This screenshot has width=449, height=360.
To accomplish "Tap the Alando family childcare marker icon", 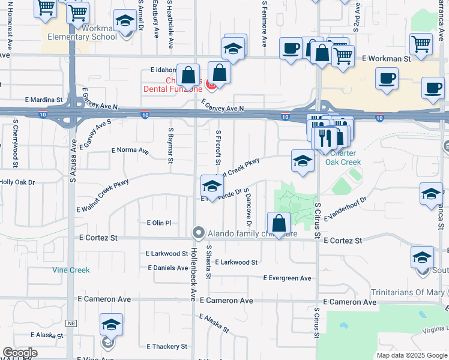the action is click(x=199, y=232).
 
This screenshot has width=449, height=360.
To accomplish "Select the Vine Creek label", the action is click(x=71, y=270).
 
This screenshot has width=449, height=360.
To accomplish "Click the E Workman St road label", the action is click(x=386, y=59).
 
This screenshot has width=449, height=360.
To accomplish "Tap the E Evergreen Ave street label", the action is click(x=288, y=278).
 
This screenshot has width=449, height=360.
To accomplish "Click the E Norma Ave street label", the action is click(x=130, y=151).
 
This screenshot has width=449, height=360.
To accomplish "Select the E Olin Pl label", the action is click(x=159, y=223).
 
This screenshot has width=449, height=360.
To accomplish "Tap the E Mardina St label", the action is click(x=44, y=100).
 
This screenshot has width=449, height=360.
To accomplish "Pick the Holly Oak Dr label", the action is click(x=17, y=182).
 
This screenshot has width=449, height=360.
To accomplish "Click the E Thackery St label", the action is click(x=167, y=347).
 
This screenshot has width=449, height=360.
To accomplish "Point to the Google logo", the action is click(x=20, y=353).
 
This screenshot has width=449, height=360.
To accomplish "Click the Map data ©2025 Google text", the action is click(x=412, y=355).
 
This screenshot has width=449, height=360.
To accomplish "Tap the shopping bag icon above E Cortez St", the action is click(x=279, y=224).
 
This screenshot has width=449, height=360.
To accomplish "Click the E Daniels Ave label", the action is click(x=167, y=268).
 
